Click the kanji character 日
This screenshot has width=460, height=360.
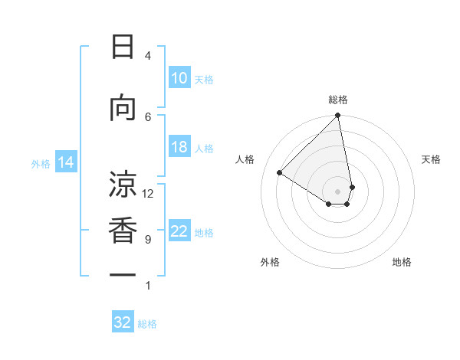[122, 47]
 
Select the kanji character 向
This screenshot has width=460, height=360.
[122, 109]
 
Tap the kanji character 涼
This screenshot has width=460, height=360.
[122, 184]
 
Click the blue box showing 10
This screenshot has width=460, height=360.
[179, 78]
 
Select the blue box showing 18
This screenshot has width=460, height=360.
[179, 147]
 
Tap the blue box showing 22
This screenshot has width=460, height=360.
[179, 231]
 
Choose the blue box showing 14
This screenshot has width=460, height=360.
[65, 162]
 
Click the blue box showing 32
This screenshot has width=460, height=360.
[123, 322]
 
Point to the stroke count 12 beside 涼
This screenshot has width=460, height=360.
[148, 193]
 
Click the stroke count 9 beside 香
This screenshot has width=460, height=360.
[147, 240]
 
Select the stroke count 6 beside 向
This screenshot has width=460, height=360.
[148, 116]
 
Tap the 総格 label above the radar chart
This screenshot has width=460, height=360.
[338, 100]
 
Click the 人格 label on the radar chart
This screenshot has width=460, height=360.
[245, 159]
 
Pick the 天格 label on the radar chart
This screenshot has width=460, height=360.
[431, 159]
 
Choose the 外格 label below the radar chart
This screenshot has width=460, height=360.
[270, 262]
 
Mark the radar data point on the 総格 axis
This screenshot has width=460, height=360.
[338, 116]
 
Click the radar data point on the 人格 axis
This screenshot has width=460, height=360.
[280, 173]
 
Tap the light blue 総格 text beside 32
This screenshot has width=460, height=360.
[147, 324]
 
